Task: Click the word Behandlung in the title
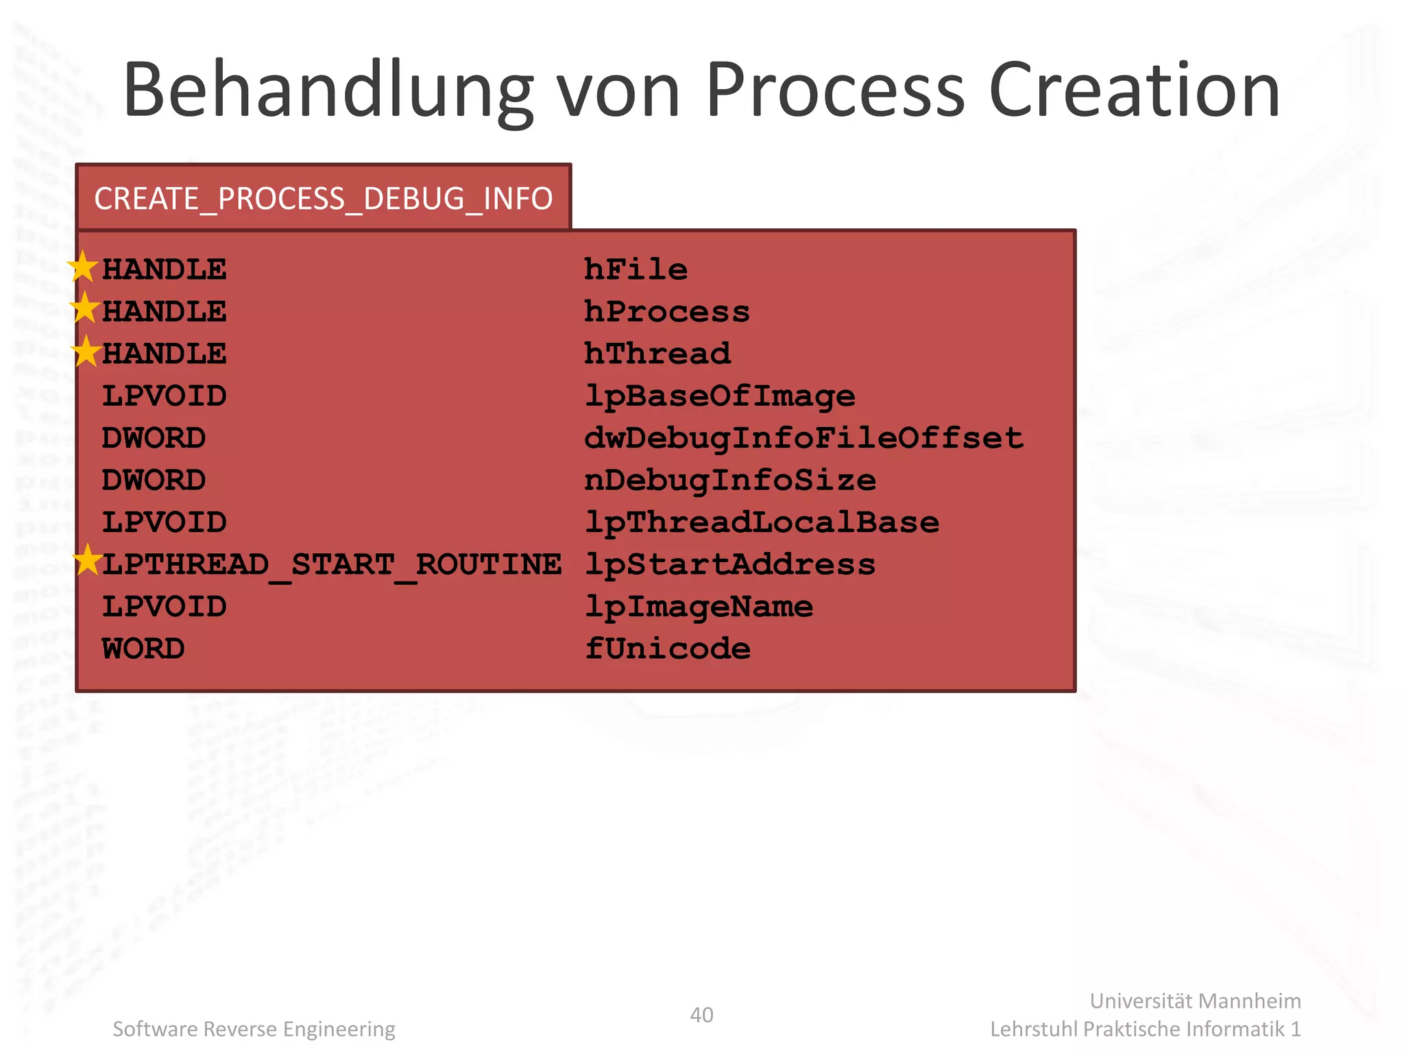coord(328,91)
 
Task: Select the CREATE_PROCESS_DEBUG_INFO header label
coord(323,199)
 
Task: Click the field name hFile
coord(636,269)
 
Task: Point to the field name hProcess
coord(667,312)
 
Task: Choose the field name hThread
coord(657,354)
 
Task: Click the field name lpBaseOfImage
coord(720,396)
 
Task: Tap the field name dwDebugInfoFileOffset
coord(803,438)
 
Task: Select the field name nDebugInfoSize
coord(730,481)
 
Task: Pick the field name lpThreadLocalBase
coord(762,522)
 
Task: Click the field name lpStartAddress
coord(730,565)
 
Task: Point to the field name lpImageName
coord(699,607)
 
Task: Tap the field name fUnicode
coord(667,649)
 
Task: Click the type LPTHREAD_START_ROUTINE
coord(332,565)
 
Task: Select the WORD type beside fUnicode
coord(143,649)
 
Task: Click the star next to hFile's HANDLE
coord(83,267)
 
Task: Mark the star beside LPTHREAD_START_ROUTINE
coord(88,560)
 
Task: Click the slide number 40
coord(701,1015)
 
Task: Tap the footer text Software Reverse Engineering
coord(254,1029)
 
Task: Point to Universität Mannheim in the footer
coord(1195,1001)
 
